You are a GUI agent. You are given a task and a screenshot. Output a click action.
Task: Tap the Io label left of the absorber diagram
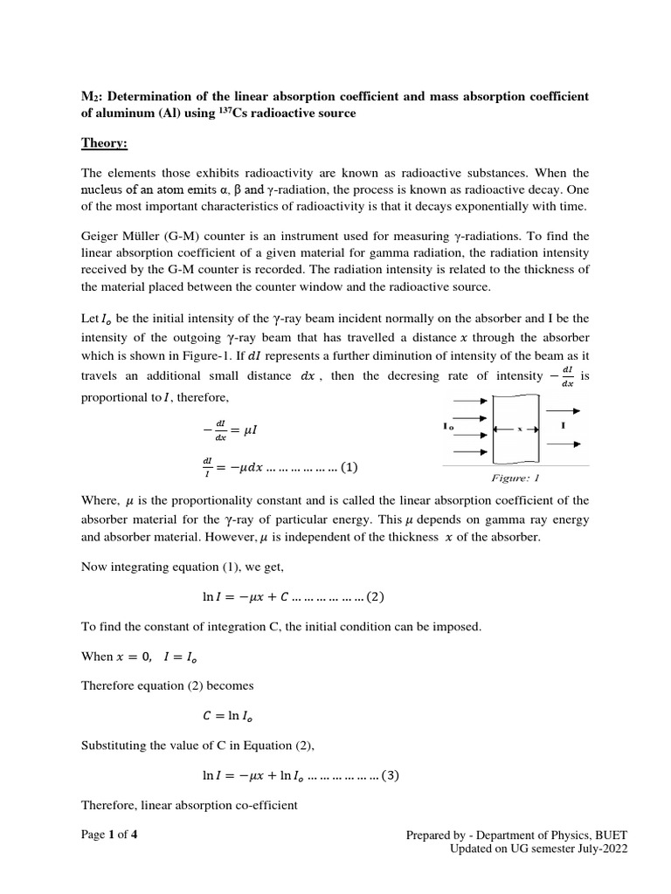[x=449, y=428]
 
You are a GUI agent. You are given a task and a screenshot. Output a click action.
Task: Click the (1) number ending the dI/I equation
[x=349, y=466]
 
